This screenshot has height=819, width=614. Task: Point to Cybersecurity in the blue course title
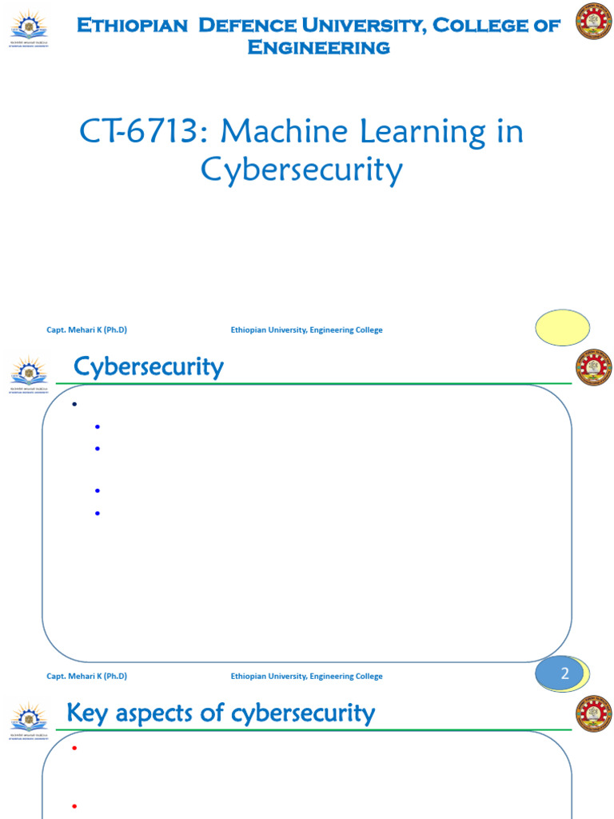[301, 170]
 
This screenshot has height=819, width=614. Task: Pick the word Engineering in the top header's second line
[318, 47]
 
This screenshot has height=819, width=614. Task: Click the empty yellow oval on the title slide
[562, 327]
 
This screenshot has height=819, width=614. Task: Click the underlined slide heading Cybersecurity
[149, 368]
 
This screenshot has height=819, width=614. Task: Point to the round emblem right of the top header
[593, 22]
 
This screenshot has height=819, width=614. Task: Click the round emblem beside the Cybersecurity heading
[593, 368]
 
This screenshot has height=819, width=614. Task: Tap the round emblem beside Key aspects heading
[593, 713]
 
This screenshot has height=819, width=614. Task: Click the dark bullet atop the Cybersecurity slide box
[74, 405]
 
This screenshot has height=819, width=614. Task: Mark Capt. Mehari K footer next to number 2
[87, 676]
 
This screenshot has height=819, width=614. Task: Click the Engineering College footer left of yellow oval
[306, 330]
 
